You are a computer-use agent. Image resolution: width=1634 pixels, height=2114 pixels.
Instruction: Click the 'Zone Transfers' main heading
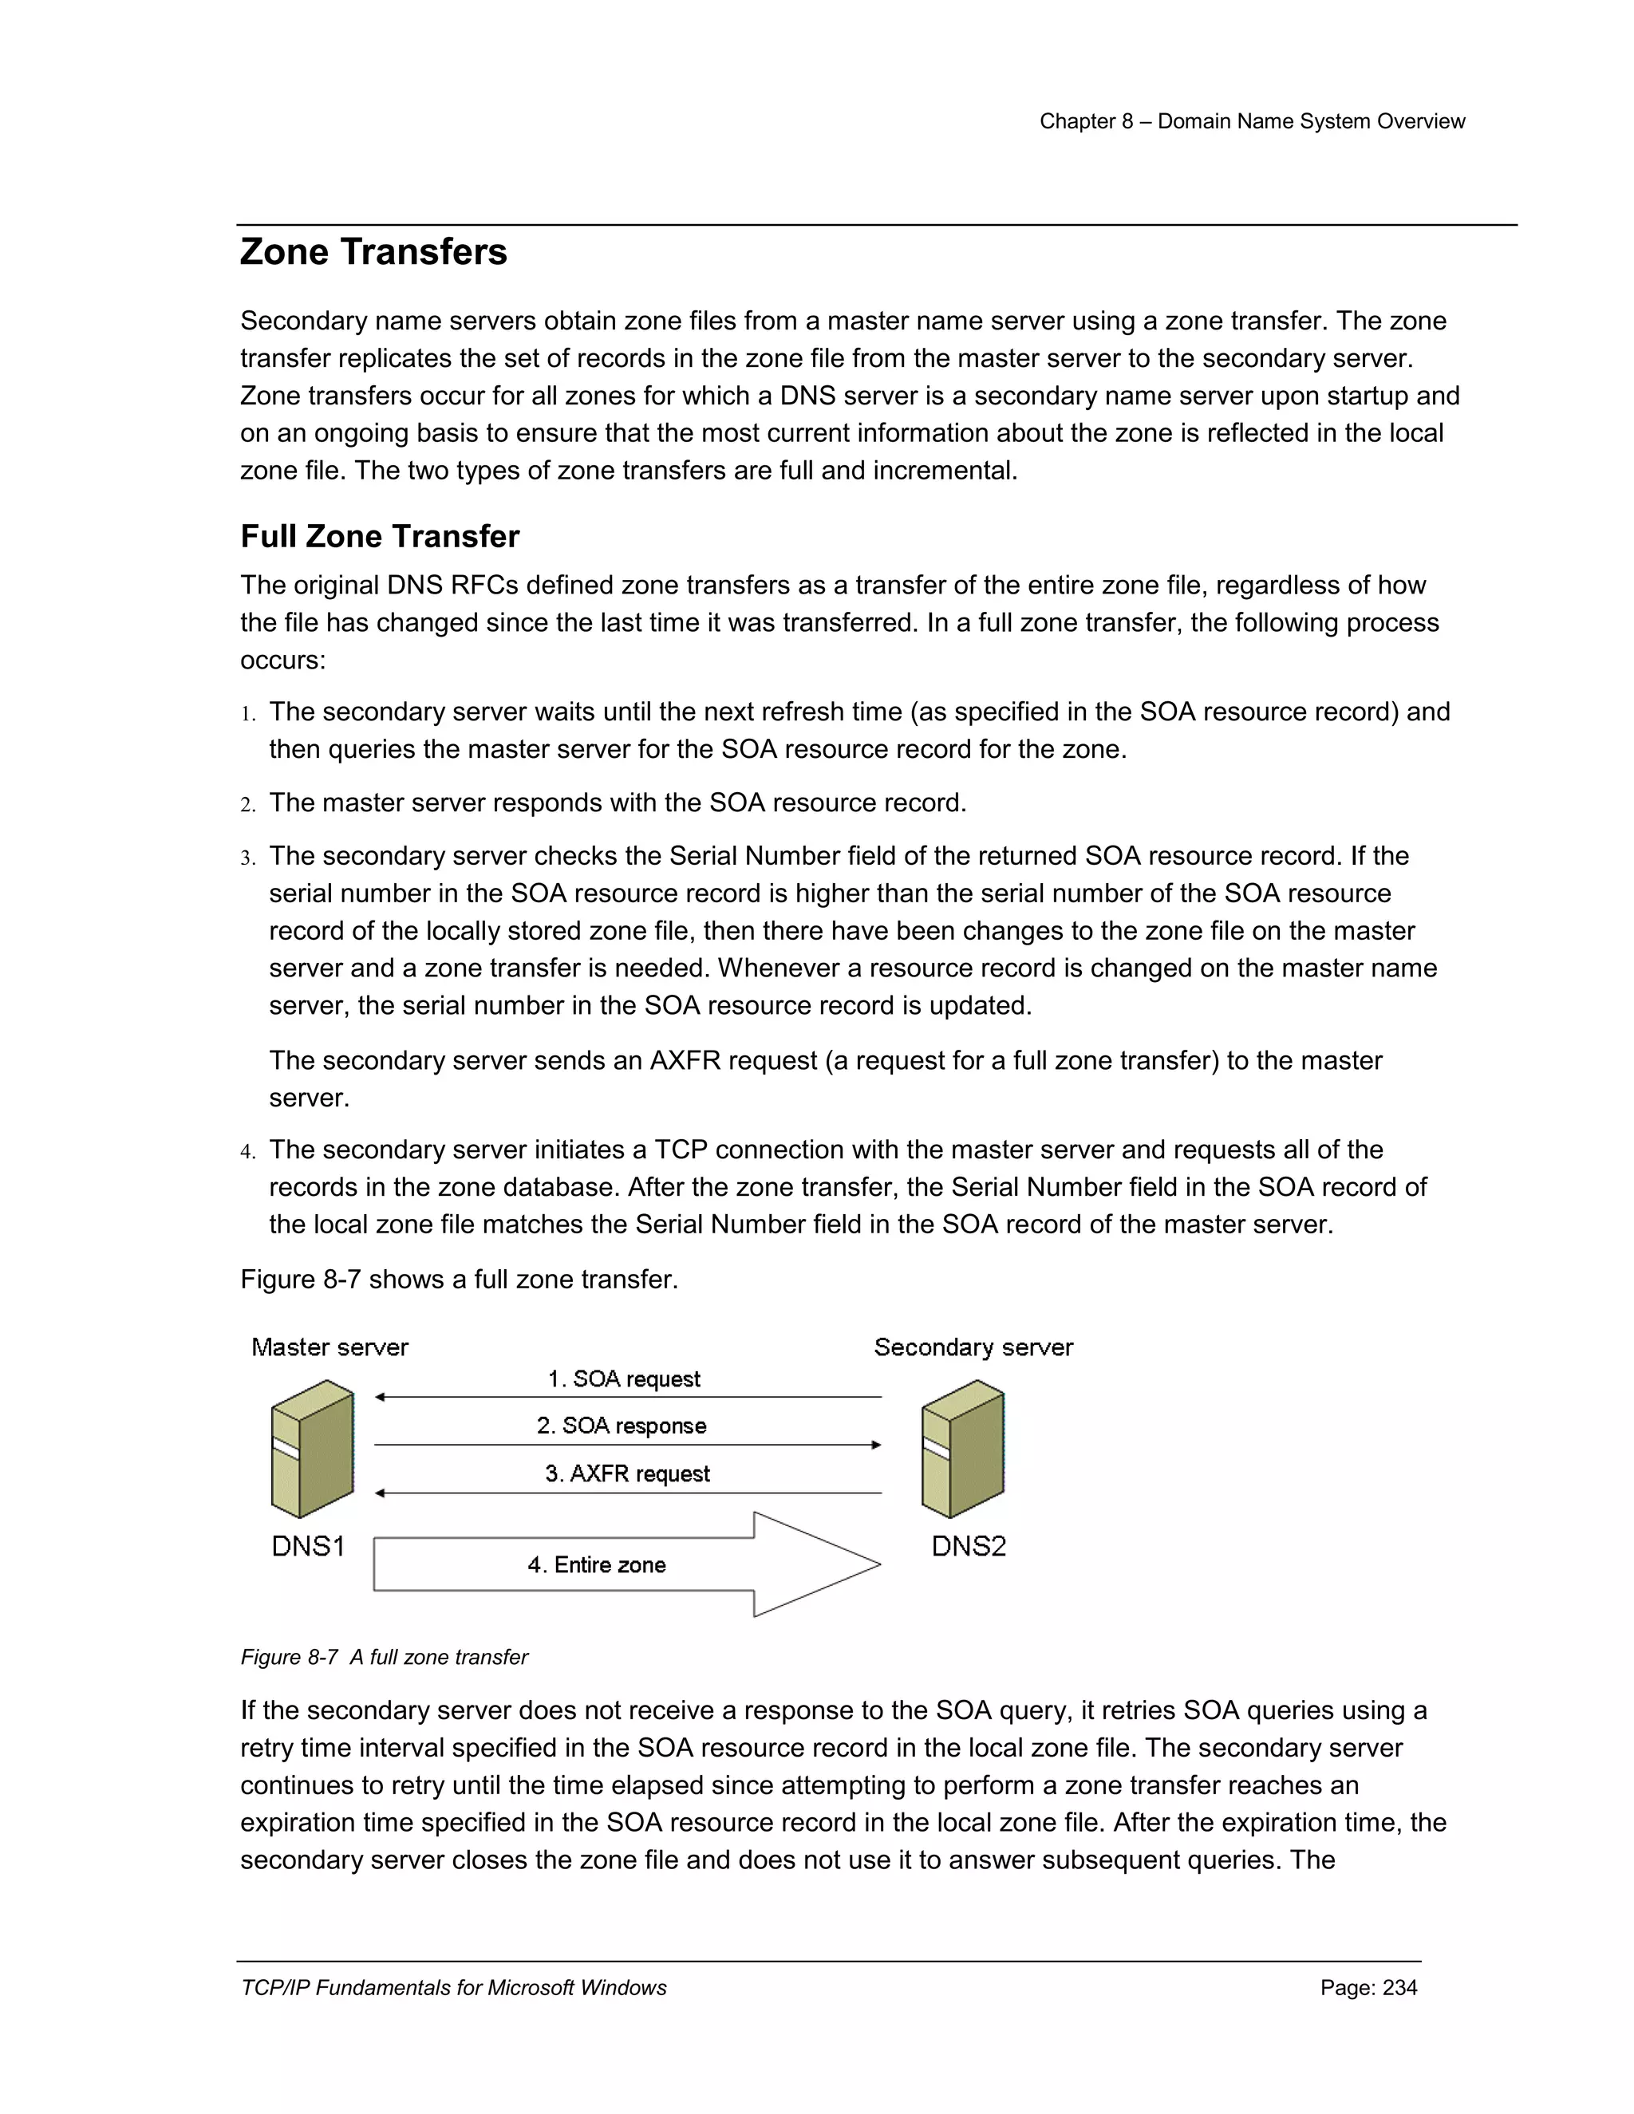[x=373, y=251]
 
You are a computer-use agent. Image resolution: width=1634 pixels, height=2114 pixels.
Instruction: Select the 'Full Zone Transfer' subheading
[x=380, y=536]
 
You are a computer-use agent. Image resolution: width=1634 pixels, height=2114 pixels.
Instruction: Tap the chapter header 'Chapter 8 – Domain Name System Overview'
[x=1252, y=121]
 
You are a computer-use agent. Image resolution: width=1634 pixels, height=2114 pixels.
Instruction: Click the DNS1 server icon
[x=312, y=1448]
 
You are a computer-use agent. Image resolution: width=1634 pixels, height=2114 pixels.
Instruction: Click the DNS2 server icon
[x=962, y=1448]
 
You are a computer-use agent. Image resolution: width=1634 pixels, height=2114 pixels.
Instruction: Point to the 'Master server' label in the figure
[x=330, y=1347]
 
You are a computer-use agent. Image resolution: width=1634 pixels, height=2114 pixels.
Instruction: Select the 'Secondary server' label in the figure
[x=973, y=1347]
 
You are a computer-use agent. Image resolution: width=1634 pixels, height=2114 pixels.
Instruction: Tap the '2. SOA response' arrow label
[x=622, y=1426]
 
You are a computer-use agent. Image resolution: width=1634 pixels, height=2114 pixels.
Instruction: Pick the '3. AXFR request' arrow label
[x=627, y=1473]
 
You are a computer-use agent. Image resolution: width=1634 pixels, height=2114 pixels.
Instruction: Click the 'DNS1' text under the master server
[x=308, y=1547]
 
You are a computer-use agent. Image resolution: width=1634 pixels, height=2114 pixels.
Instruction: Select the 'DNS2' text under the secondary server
[x=968, y=1547]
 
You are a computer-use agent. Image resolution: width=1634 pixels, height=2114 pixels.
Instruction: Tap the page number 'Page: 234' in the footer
[x=1368, y=1987]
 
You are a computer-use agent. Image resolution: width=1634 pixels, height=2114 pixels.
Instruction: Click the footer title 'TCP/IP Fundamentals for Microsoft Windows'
[x=453, y=1987]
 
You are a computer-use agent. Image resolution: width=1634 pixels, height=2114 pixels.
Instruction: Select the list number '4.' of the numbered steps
[x=248, y=1152]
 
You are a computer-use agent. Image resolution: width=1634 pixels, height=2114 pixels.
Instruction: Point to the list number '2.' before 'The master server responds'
[x=248, y=804]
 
